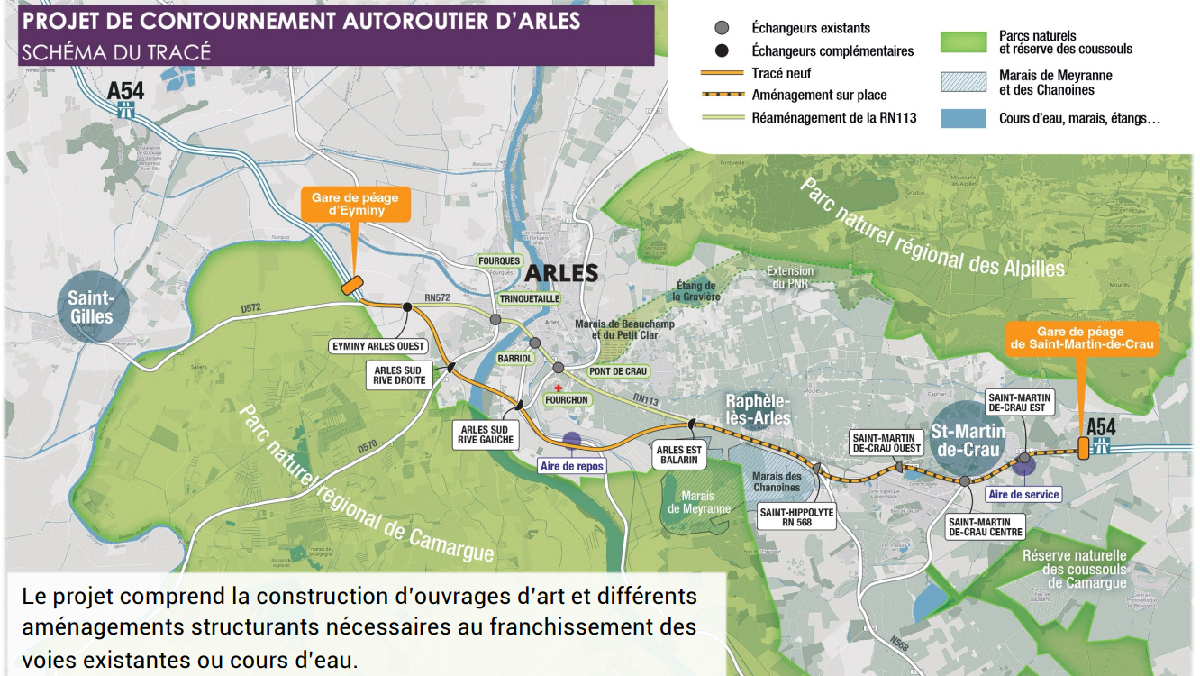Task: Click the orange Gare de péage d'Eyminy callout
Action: tap(356, 203)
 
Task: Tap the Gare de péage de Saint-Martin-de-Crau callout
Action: tap(1081, 337)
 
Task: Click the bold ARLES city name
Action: tap(560, 272)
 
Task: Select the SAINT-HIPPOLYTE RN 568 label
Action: tap(796, 516)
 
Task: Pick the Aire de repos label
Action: tap(571, 466)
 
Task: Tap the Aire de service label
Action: tap(1023, 494)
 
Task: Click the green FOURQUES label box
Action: tap(499, 260)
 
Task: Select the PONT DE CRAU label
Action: tap(618, 371)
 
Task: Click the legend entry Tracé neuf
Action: tap(781, 73)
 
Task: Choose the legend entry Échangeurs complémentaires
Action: tap(832, 50)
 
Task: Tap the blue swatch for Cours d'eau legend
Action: tap(963, 118)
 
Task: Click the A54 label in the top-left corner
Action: tap(125, 90)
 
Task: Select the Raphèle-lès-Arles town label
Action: tap(759, 408)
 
